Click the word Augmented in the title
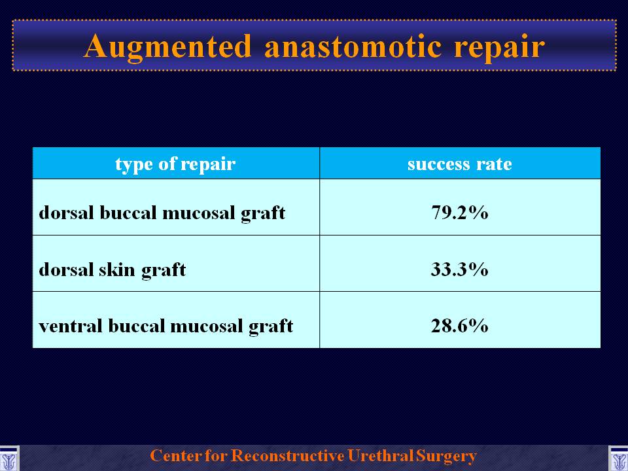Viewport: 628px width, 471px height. point(167,47)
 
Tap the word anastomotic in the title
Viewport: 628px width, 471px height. point(353,47)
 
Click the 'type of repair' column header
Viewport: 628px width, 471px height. point(175,164)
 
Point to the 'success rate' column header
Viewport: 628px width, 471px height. point(460,164)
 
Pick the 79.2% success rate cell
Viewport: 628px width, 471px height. point(460,212)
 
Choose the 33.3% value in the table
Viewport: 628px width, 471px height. point(460,269)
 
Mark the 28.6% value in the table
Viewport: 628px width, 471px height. point(460,326)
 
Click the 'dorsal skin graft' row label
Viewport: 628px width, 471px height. point(112,270)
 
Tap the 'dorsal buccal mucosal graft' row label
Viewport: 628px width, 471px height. point(162,213)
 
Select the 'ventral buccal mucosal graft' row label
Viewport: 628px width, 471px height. point(166,326)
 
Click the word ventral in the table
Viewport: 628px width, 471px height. point(71,326)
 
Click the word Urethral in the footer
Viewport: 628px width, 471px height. point(381,456)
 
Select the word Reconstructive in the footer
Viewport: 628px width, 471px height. point(288,456)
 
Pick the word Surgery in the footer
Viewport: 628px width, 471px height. point(446,457)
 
